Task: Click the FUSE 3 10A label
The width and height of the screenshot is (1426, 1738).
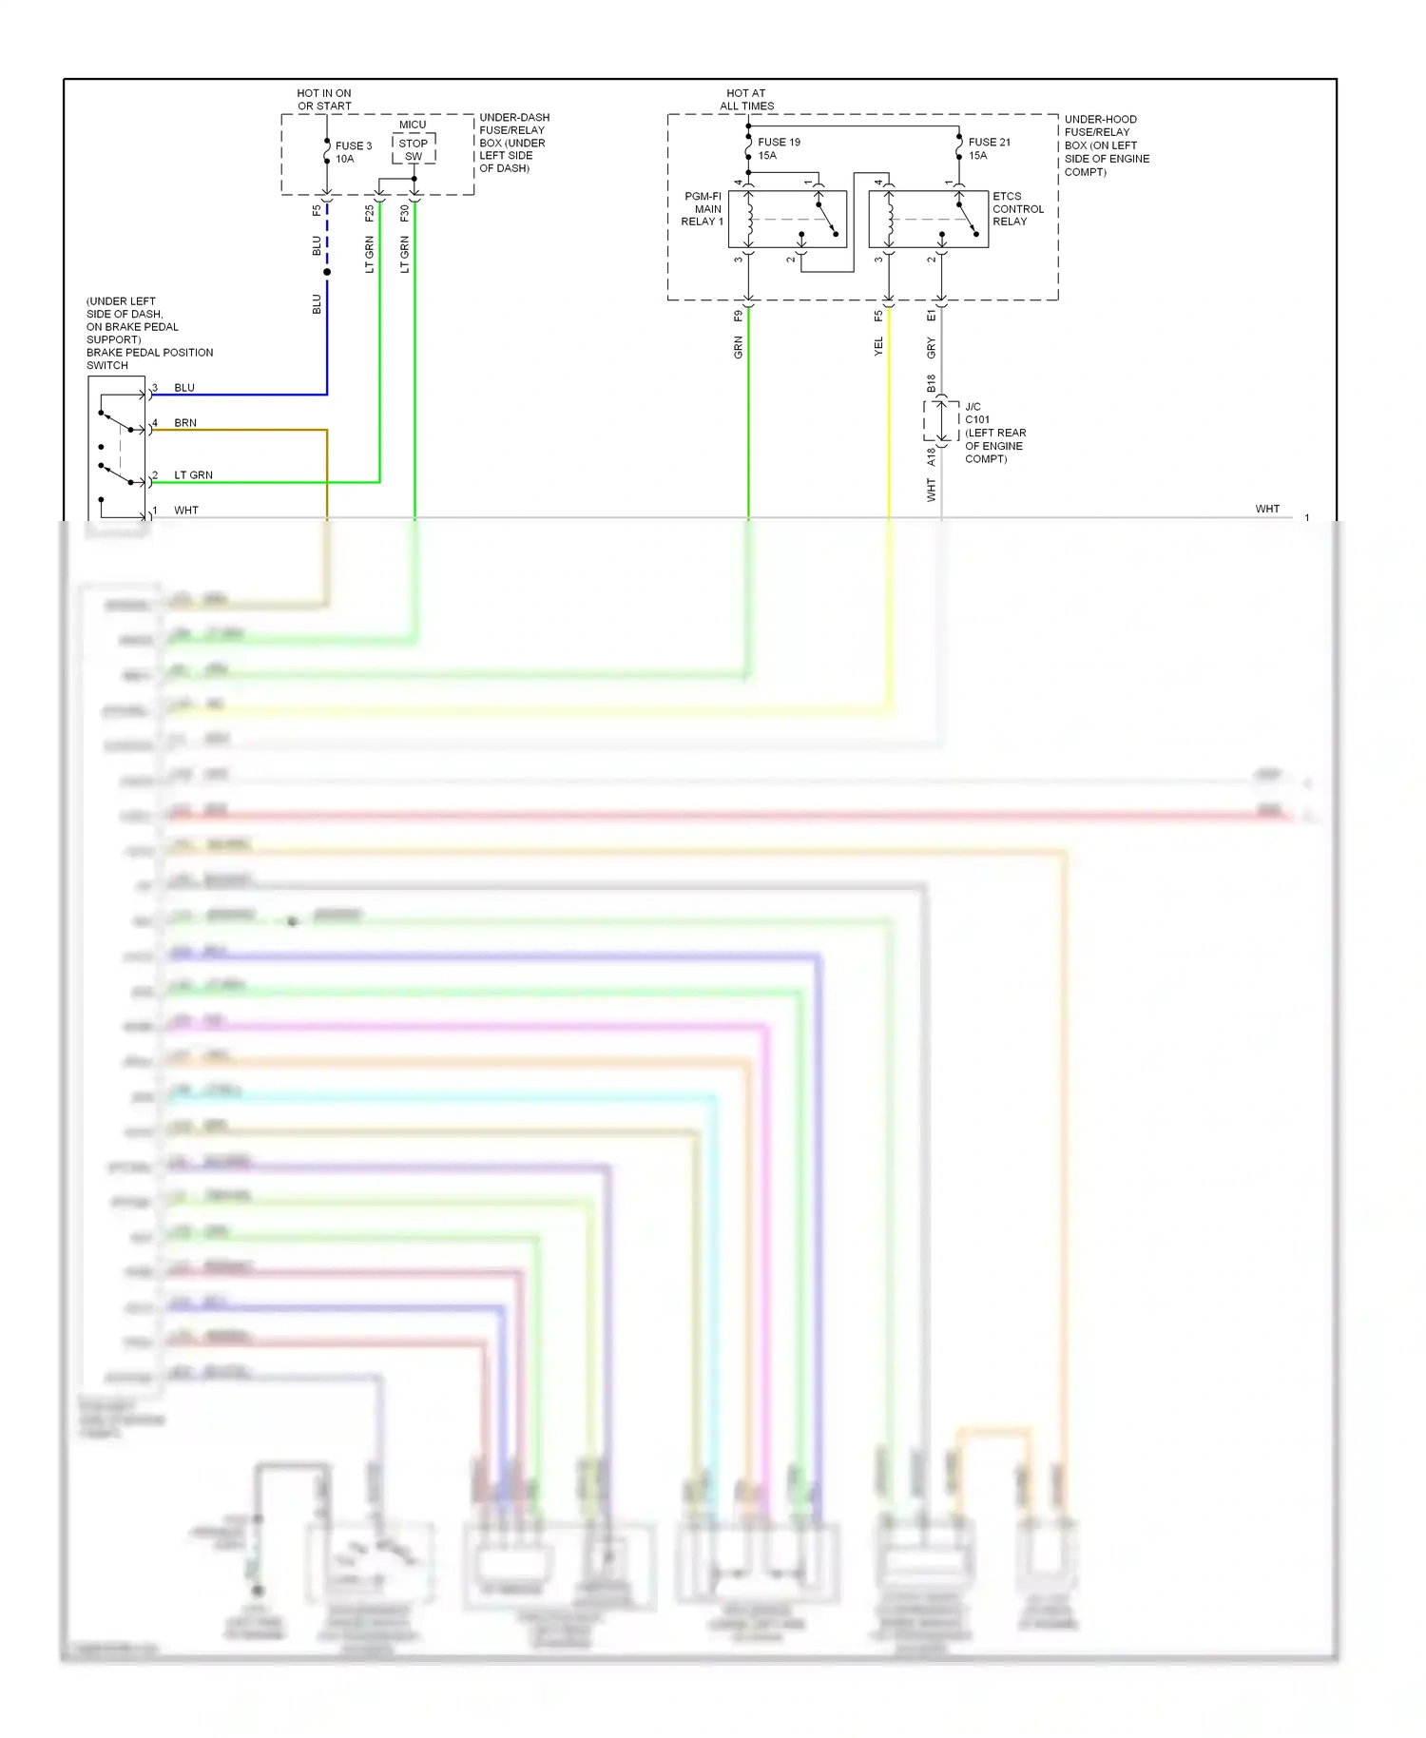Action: click(353, 152)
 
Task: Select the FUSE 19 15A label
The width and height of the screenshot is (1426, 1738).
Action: click(778, 148)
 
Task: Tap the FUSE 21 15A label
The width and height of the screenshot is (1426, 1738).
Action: click(989, 148)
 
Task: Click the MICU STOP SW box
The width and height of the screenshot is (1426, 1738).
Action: click(414, 148)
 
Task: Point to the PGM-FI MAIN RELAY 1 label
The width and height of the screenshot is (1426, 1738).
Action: click(703, 209)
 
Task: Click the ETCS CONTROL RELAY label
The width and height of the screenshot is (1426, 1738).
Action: click(1017, 209)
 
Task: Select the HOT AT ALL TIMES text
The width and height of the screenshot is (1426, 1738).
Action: click(746, 100)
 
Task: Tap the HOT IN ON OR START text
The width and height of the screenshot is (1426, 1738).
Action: click(324, 100)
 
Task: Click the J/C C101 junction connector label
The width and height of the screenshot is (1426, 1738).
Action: click(994, 433)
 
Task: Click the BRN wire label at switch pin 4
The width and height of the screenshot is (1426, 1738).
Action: click(185, 423)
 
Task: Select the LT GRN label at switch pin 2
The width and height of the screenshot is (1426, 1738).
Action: click(193, 475)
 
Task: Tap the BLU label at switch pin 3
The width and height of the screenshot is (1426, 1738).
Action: click(184, 388)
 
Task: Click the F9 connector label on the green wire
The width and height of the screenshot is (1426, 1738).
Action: click(738, 317)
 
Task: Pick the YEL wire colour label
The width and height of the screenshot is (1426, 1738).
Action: click(878, 347)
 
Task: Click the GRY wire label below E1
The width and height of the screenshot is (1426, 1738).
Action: click(931, 348)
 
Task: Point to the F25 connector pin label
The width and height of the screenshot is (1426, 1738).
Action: click(369, 214)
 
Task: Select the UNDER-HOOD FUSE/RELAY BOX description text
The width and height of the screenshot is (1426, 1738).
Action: click(1106, 145)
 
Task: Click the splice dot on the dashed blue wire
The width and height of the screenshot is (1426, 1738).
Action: click(327, 272)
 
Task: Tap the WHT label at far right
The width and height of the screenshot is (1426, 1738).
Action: click(1266, 509)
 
